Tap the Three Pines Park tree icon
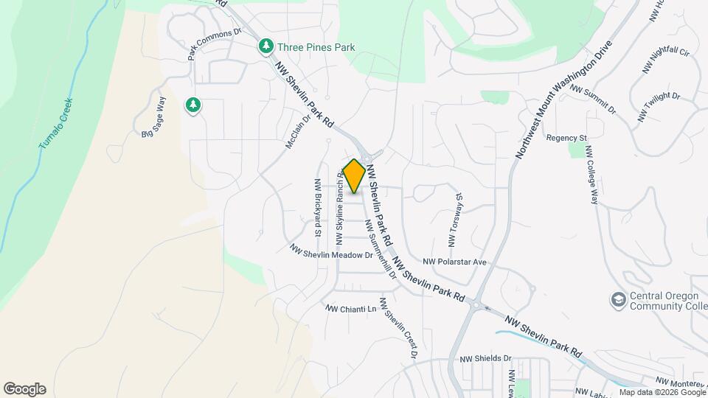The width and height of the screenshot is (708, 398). tap(265, 47)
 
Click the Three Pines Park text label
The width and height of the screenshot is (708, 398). tap(316, 48)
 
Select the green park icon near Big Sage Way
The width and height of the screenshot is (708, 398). tap(193, 105)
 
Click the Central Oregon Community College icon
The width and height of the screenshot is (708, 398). tap(617, 299)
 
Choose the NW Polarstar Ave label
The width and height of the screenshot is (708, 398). tap(455, 262)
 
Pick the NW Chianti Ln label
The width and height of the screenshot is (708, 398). tap(351, 309)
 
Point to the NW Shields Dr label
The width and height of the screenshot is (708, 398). tap(485, 359)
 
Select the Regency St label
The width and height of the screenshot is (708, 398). tap(566, 138)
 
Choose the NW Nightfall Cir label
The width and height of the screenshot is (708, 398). tap(666, 61)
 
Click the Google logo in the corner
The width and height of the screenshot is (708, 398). tap(24, 389)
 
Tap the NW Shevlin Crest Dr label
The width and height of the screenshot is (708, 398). tap(398, 328)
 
